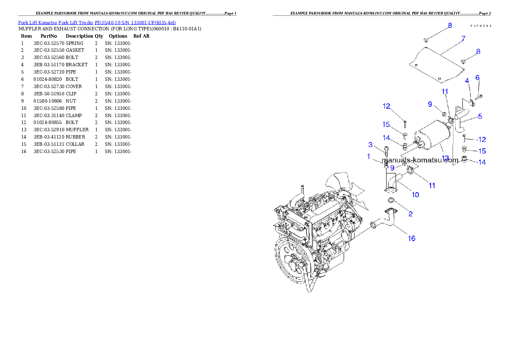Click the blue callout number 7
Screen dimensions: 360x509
tap(463, 39)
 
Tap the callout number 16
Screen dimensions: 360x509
tap(411, 239)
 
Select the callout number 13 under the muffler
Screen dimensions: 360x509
tap(445, 158)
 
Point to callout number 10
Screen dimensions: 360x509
tap(415, 195)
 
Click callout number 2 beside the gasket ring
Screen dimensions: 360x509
tap(410, 213)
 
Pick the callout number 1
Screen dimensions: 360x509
tap(368, 156)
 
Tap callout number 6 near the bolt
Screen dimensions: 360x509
tap(477, 77)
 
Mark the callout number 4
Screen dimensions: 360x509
tap(467, 80)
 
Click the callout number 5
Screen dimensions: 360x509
tap(480, 116)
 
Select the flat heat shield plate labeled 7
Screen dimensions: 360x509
tap(434, 65)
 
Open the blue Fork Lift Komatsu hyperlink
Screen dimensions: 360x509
tap(97, 22)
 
